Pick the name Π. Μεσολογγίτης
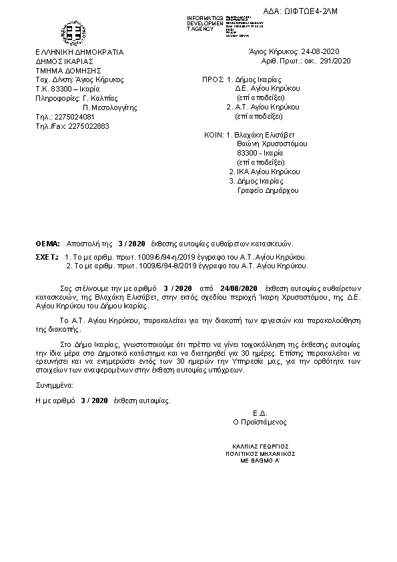(x=109, y=106)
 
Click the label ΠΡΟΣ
(x=212, y=79)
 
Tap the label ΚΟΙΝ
(x=214, y=135)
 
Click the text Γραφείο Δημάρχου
(x=269, y=190)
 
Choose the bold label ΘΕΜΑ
(x=47, y=244)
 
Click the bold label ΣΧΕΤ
(x=46, y=256)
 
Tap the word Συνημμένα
(x=55, y=386)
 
